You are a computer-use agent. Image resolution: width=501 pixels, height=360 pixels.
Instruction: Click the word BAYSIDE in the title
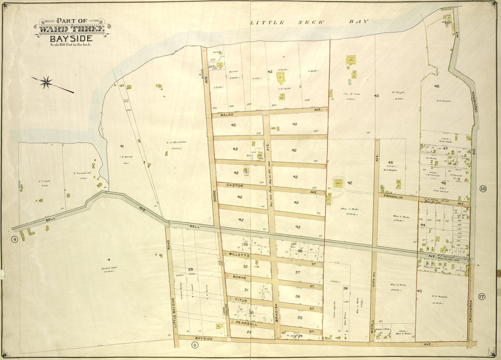pyautogui.click(x=72, y=37)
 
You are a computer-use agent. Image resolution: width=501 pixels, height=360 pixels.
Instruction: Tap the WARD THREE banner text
pyautogui.click(x=72, y=28)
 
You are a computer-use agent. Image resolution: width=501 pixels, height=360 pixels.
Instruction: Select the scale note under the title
pyautogui.click(x=71, y=45)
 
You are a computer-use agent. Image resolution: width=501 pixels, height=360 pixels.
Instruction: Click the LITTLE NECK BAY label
pyautogui.click(x=311, y=22)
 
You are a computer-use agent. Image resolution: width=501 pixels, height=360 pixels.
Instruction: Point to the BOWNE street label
pyautogui.click(x=239, y=277)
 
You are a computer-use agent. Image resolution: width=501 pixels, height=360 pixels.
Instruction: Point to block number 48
pyautogui.click(x=436, y=86)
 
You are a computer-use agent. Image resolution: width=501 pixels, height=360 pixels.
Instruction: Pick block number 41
pyautogui.click(x=122, y=146)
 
